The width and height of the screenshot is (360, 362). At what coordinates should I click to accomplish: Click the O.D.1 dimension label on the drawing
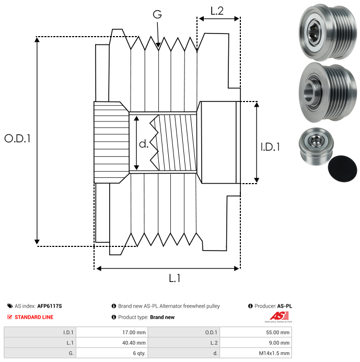[18, 139]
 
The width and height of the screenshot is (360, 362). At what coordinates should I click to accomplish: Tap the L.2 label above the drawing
[217, 10]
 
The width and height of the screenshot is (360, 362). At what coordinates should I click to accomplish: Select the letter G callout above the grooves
[157, 15]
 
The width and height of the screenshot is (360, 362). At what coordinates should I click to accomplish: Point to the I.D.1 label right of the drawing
[270, 148]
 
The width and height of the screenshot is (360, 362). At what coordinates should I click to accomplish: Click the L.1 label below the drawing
[175, 279]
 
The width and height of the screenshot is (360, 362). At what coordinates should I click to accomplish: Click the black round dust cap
[343, 168]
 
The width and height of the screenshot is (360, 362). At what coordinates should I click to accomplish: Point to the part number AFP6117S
[50, 306]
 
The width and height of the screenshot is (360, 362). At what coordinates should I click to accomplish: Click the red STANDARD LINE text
[33, 317]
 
